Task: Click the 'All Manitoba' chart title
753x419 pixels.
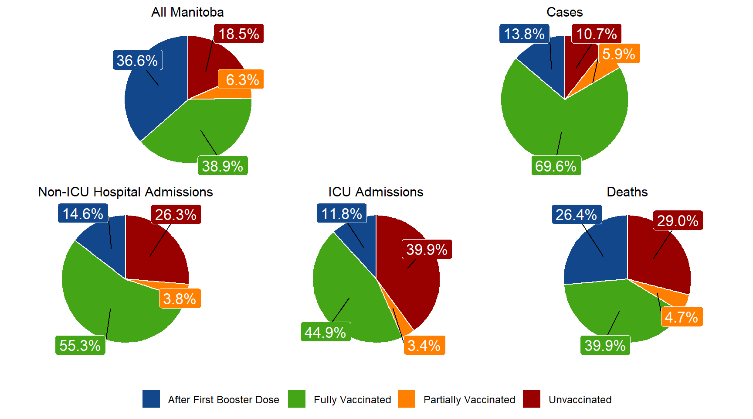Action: point(187,12)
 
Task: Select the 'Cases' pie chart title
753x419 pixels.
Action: point(564,12)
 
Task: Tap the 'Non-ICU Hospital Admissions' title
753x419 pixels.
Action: point(125,192)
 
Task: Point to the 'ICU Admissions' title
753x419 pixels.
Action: point(376,192)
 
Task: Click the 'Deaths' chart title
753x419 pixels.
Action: point(627,192)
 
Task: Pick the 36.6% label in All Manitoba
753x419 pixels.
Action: point(137,61)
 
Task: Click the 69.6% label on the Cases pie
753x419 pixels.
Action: point(556,166)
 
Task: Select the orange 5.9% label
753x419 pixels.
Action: point(618,54)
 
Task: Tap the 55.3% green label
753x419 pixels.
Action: point(80,346)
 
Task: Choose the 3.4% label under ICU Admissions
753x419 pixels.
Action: point(424,346)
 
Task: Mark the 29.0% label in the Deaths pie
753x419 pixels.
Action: point(678,221)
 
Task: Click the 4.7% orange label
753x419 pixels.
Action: point(682,317)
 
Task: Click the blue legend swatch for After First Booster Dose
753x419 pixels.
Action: point(151,399)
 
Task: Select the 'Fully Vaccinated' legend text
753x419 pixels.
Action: point(352,400)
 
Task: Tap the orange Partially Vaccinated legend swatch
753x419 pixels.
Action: point(407,399)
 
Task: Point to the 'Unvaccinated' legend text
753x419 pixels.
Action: point(580,400)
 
